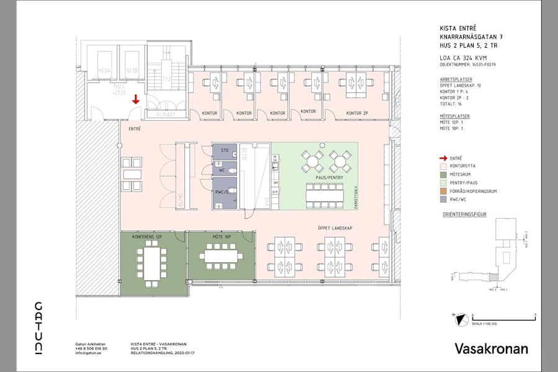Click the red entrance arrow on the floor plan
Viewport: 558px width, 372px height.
point(136,99)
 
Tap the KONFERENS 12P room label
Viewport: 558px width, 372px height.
point(147,237)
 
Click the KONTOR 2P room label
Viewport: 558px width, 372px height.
point(357,113)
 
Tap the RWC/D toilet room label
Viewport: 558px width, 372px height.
point(221,192)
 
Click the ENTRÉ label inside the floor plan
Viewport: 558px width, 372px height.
point(134,128)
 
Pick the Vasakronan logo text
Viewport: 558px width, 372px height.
point(491,348)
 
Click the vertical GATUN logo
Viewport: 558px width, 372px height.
point(38,329)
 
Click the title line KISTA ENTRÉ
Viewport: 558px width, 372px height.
point(456,29)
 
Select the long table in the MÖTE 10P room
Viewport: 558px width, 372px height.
point(221,255)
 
